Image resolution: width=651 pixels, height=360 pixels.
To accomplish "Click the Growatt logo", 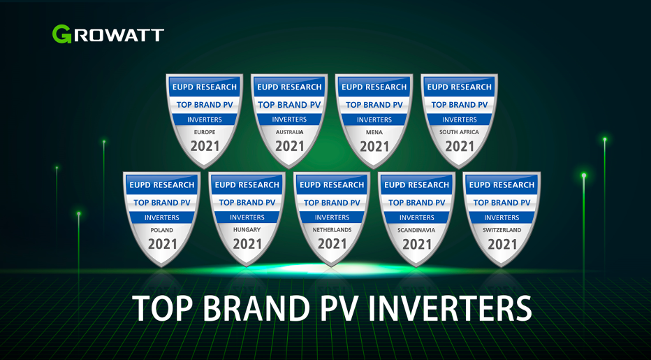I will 108,34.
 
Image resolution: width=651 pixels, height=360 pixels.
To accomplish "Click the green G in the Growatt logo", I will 61,34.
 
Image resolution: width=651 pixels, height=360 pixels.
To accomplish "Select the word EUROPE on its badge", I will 204,132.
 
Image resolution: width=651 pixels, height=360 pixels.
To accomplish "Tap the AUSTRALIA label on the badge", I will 289,132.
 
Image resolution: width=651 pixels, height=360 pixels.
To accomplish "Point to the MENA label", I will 374,132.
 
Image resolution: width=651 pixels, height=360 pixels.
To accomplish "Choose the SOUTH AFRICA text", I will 460,132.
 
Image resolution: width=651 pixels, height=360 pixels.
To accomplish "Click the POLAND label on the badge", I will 161,230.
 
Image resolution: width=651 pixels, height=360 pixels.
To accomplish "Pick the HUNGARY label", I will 247,230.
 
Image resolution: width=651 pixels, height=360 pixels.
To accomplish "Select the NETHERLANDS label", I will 332,230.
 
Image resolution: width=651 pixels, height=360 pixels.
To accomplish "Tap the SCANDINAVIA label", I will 417,230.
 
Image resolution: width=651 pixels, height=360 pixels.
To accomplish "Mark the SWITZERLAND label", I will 502,230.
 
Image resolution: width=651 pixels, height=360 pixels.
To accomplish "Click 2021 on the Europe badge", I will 205,146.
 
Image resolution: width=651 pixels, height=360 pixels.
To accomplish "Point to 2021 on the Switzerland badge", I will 502,244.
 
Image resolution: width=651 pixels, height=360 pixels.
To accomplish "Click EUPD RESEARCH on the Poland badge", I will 161,185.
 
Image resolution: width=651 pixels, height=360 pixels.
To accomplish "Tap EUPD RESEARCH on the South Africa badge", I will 460,87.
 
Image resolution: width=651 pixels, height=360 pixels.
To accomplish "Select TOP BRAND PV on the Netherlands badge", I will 332,203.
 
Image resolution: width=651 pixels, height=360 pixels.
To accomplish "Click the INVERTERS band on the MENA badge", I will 374,120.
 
